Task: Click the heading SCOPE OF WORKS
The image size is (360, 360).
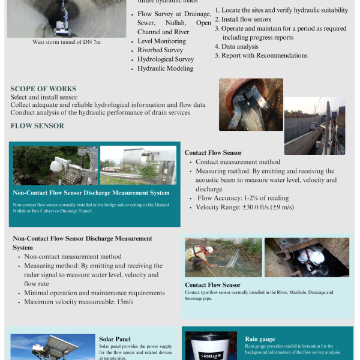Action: pyautogui.click(x=43, y=89)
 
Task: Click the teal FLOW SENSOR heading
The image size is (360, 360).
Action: pyautogui.click(x=37, y=126)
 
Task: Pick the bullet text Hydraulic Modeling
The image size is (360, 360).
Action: pyautogui.click(x=165, y=68)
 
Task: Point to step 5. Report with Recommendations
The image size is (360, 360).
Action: pyautogui.click(x=261, y=56)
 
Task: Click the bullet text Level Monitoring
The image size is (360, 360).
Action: pyautogui.click(x=161, y=41)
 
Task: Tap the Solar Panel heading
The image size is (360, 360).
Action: pyautogui.click(x=115, y=339)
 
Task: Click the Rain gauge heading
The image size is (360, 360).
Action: pyautogui.click(x=260, y=339)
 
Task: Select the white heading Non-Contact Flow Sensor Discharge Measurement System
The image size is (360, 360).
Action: pyautogui.click(x=91, y=193)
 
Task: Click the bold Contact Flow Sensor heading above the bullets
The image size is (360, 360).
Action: pyautogui.click(x=213, y=153)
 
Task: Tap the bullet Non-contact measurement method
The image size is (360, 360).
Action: pyautogui.click(x=73, y=256)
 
